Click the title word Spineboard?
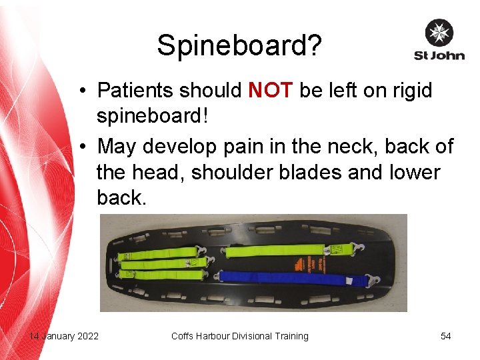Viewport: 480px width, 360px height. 239,46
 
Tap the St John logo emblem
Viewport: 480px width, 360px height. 439,33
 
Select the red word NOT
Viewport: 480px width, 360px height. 270,90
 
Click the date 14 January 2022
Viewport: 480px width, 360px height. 64,336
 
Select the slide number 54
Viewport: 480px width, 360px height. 445,336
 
